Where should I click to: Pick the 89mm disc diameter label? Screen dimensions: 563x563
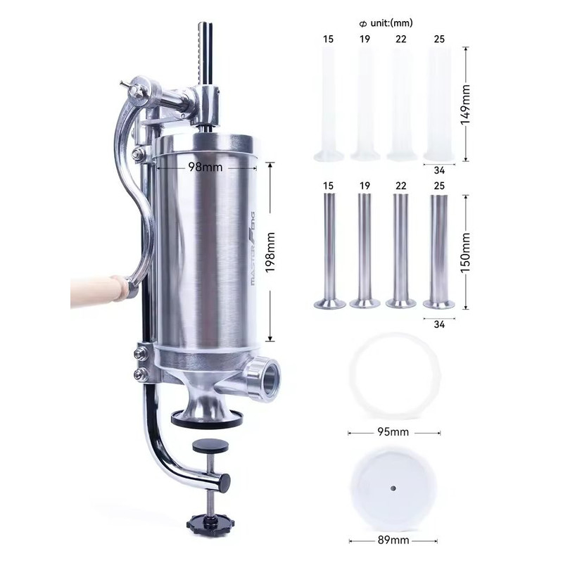point(395,540)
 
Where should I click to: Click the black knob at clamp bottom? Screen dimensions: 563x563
point(204,526)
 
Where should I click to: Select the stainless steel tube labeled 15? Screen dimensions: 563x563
point(327,250)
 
